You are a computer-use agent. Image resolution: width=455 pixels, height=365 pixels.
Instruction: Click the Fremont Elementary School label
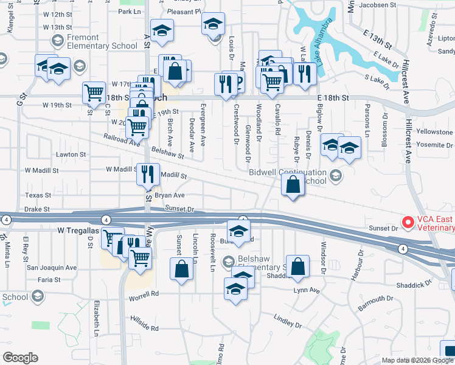pyautogui.click(x=94, y=41)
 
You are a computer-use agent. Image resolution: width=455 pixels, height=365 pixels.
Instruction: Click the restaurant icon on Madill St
pyautogui.click(x=147, y=175)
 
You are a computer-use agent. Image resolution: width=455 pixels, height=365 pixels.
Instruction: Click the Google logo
pyautogui.click(x=20, y=358)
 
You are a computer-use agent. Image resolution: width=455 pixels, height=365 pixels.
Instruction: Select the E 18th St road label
pyautogui.click(x=333, y=97)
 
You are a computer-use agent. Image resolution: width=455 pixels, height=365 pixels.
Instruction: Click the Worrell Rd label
pyautogui.click(x=144, y=293)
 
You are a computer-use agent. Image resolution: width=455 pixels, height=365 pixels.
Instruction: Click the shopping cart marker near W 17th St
pyautogui.click(x=94, y=93)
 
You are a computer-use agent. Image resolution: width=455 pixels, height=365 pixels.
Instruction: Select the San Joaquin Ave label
pyautogui.click(x=52, y=267)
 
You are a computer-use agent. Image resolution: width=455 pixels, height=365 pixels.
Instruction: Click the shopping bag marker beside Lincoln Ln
pyautogui.click(x=182, y=269)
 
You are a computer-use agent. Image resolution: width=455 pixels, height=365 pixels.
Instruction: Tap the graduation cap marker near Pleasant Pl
pyautogui.click(x=213, y=25)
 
